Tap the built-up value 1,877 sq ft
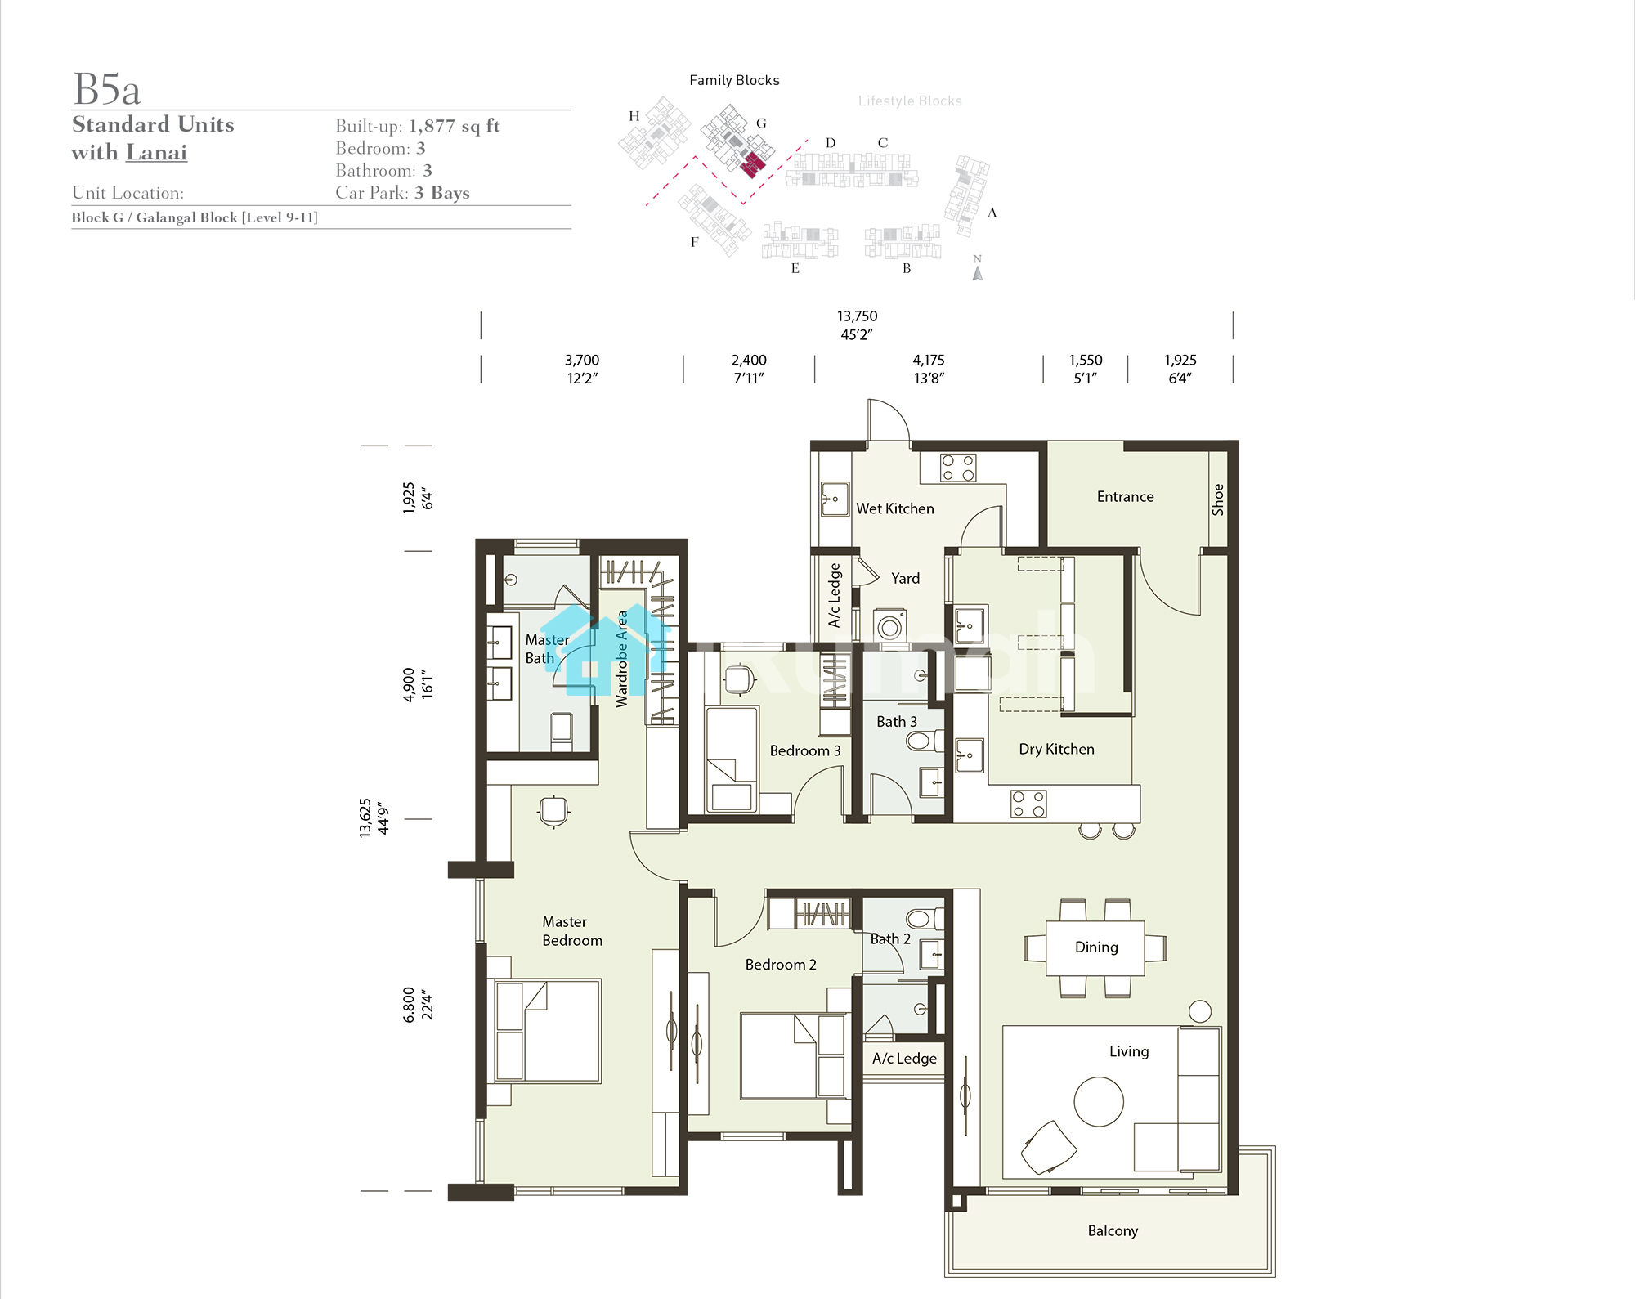[455, 126]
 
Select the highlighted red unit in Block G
[753, 163]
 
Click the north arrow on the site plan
[977, 273]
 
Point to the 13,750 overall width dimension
[857, 316]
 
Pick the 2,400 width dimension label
[749, 361]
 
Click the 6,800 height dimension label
[409, 1005]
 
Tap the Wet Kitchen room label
[895, 508]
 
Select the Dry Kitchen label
[1056, 749]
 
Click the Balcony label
[1113, 1230]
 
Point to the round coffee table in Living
[1099, 1101]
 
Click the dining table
[1095, 947]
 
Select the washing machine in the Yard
[890, 625]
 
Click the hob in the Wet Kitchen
[958, 468]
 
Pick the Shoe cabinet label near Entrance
[1217, 499]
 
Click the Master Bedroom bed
[548, 1031]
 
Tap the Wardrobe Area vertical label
[622, 659]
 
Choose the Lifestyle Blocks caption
[910, 101]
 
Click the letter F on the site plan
[694, 242]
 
